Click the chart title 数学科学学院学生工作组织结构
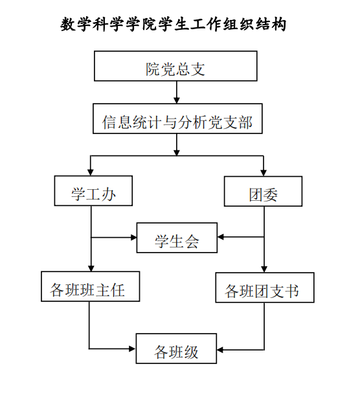tap(174, 25)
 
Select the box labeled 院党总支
tap(175, 66)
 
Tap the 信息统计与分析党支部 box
tap(177, 119)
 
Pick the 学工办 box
tap(93, 190)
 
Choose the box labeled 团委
tap(263, 191)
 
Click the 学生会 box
tap(177, 238)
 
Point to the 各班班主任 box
tap(91, 286)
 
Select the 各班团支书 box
tap(265, 288)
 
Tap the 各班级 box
tap(176, 349)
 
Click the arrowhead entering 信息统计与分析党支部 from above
tap(177, 100)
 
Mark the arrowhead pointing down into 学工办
tap(91, 172)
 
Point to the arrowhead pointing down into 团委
tap(264, 173)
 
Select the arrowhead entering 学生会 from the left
tap(133, 238)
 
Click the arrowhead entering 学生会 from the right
tap(221, 237)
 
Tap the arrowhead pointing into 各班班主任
tap(91, 268)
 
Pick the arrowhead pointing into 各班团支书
tap(264, 269)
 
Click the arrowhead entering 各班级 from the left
tap(132, 349)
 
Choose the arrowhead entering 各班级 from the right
tap(220, 350)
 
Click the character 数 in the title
tap(68, 25)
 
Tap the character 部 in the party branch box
tap(245, 122)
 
